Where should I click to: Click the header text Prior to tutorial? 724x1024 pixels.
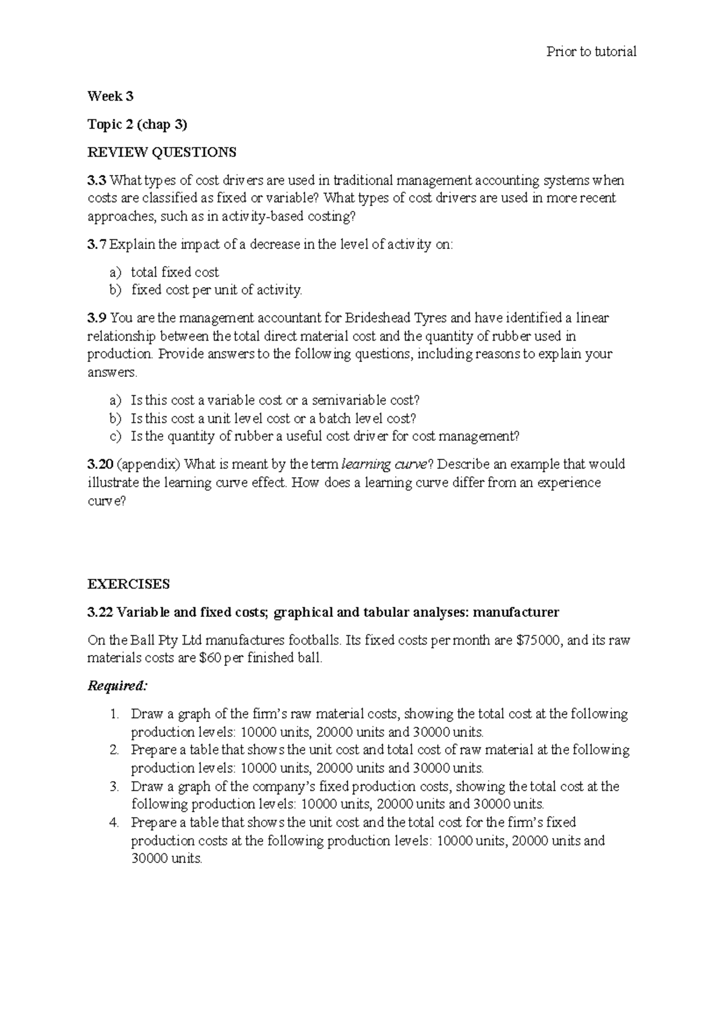pos(591,52)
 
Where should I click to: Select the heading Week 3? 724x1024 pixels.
pos(110,96)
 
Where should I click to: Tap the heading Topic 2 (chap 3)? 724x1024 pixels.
pos(138,125)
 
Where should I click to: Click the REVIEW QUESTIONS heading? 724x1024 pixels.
pos(162,153)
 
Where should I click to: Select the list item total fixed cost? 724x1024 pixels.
pos(175,272)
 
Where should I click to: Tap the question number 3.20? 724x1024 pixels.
pos(100,464)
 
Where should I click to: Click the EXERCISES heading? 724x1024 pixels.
pos(129,584)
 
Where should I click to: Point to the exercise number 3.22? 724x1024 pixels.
pos(100,613)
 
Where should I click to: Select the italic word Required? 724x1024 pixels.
pos(117,686)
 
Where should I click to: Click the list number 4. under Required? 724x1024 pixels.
pos(116,823)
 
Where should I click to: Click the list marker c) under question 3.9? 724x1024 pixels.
pos(115,437)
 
